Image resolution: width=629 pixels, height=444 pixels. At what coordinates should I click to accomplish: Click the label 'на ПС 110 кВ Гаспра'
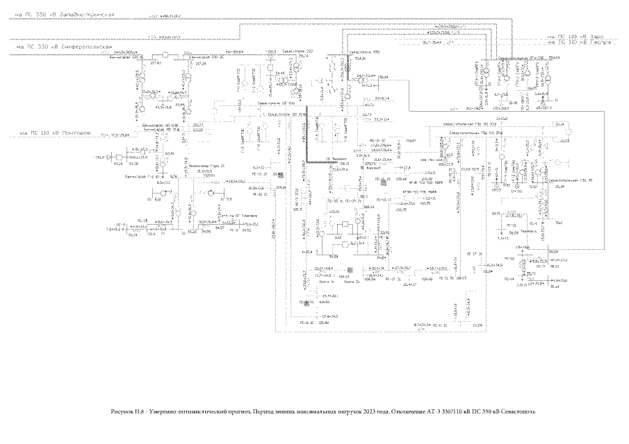tap(578, 42)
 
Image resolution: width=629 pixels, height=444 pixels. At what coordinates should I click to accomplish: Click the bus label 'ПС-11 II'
tap(439, 325)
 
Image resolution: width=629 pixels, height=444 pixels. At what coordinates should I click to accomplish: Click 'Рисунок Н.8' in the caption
tap(126, 411)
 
